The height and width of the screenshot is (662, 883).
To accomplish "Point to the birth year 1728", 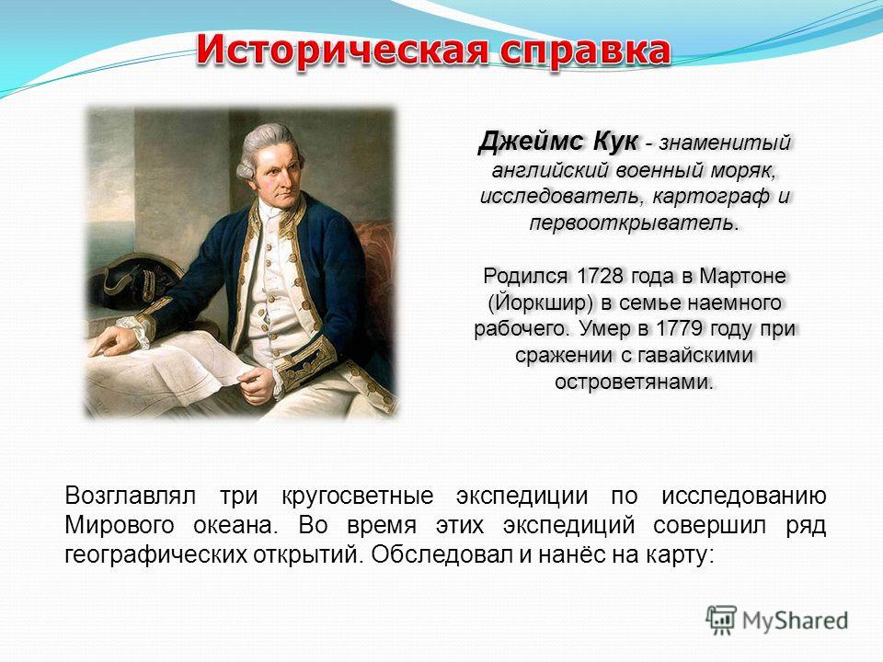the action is point(600,276).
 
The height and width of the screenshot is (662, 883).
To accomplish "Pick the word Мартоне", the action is point(742,276).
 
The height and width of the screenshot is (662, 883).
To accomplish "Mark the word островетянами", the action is point(634,382).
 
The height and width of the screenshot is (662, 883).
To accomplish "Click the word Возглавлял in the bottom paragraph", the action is point(130,496).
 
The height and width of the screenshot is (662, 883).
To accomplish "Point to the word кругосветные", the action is point(357,496).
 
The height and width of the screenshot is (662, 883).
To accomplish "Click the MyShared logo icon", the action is point(721,621).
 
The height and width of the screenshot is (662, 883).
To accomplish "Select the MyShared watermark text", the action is point(795,621).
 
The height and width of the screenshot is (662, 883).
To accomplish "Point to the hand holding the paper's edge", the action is point(257,385).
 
